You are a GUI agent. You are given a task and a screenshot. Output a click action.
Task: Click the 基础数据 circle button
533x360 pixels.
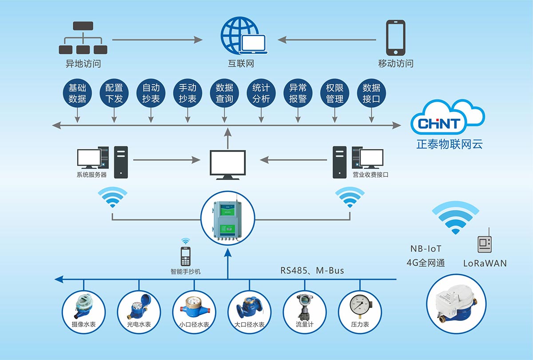pyautogui.click(x=77, y=93)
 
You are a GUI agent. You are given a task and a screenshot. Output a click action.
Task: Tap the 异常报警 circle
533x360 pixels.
pyautogui.click(x=298, y=93)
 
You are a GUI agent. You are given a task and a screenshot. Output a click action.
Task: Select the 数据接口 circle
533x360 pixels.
pyautogui.click(x=371, y=93)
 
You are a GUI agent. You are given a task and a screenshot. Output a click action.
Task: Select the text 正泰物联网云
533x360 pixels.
pyautogui.click(x=449, y=144)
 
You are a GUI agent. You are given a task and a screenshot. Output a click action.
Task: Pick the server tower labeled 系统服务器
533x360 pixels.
pyautogui.click(x=120, y=161)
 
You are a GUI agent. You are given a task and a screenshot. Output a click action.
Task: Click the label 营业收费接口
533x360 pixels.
pyautogui.click(x=370, y=175)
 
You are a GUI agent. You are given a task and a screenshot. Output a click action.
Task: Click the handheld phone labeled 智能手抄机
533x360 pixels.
pyautogui.click(x=185, y=256)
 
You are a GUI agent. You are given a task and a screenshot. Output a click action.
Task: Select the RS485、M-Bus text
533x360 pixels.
pyautogui.click(x=312, y=270)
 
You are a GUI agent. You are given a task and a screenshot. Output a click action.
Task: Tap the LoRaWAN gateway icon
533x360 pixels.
pyautogui.click(x=485, y=243)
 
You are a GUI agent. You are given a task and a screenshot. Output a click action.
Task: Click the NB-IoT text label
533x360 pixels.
pyautogui.click(x=426, y=249)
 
